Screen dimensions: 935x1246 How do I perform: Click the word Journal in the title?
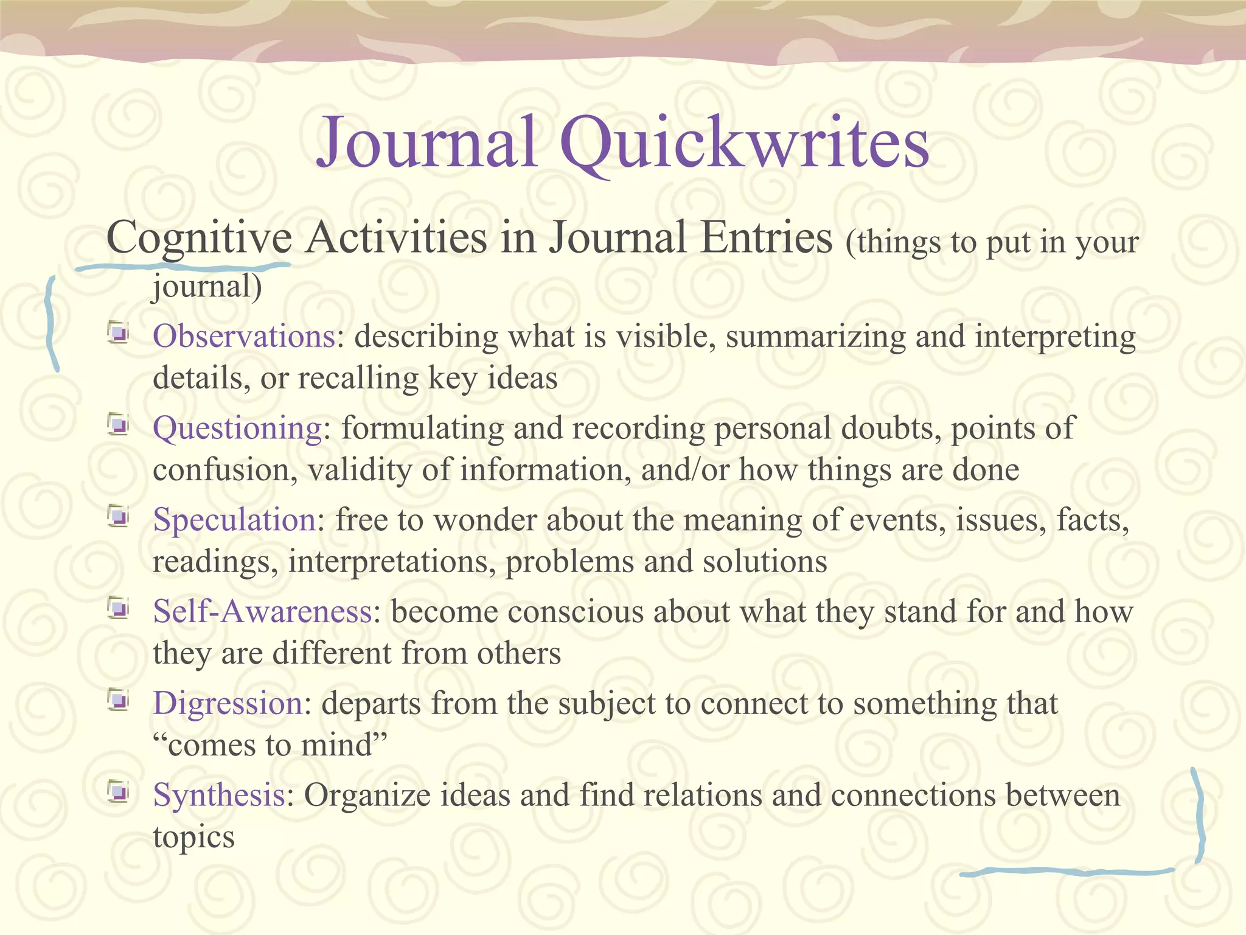(x=426, y=144)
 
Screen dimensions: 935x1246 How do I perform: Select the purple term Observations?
(x=243, y=337)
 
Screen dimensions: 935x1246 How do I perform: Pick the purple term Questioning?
(x=237, y=429)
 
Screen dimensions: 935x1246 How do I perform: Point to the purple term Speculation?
(x=234, y=520)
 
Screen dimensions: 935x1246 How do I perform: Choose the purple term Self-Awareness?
(x=262, y=612)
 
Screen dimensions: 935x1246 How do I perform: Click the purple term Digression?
(x=228, y=704)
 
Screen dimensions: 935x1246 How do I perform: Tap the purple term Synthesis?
(x=219, y=796)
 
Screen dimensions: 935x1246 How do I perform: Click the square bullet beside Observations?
(x=118, y=334)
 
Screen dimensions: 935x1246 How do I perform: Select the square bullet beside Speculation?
(x=118, y=517)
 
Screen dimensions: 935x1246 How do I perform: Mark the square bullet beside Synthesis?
(x=118, y=792)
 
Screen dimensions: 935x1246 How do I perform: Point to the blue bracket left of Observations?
(x=51, y=323)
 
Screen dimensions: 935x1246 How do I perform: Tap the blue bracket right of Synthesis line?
(x=1199, y=816)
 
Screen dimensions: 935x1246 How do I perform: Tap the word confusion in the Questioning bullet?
(x=225, y=471)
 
